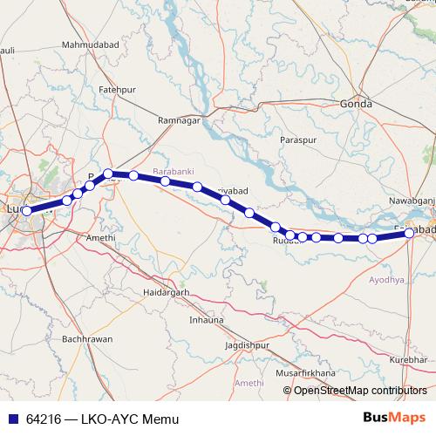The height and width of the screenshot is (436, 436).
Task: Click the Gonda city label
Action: pos(357,104)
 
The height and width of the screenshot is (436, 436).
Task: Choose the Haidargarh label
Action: pos(166,292)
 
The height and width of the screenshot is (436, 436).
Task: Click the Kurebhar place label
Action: pos(408,359)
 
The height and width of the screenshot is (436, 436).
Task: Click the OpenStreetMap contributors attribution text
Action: pos(360,390)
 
